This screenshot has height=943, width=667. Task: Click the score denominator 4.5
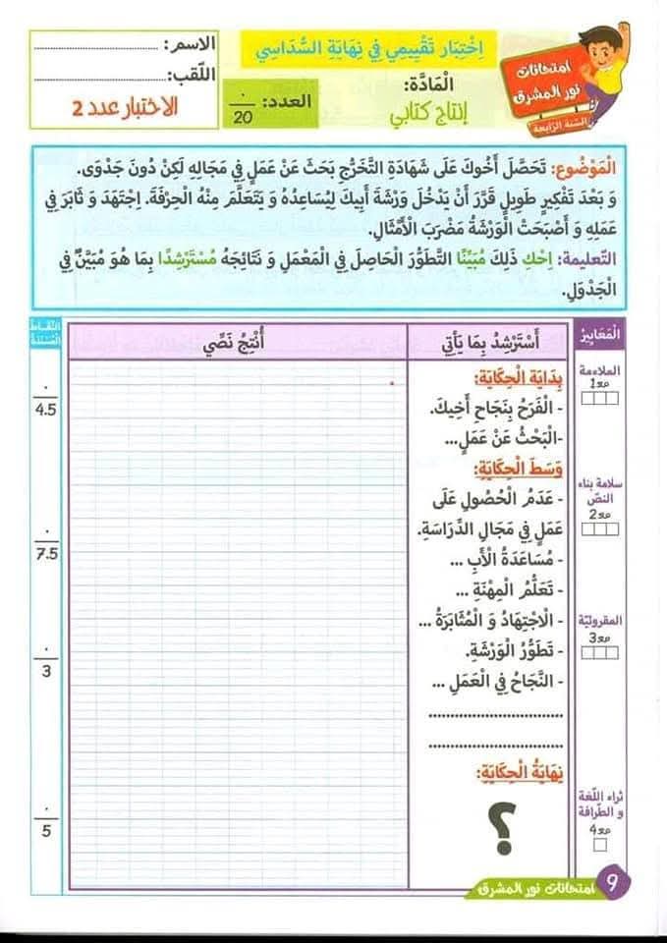46,409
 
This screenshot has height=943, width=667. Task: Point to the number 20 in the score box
244,117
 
